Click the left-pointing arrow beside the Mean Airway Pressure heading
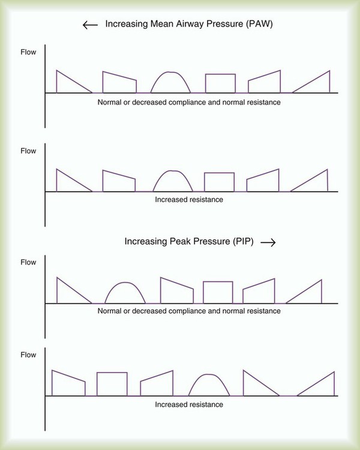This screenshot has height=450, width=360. click(90, 25)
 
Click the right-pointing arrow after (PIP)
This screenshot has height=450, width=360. click(268, 242)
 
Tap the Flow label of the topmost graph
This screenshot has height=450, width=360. click(28, 52)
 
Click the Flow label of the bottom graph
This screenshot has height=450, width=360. click(28, 355)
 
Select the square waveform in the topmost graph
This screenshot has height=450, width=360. click(220, 83)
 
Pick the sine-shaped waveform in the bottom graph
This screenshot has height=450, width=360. click(208, 385)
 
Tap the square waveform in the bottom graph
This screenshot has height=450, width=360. click(112, 384)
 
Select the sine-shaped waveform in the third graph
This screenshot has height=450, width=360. click(125, 292)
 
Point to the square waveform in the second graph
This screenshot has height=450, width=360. click(219, 182)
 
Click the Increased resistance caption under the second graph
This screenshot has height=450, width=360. click(188, 199)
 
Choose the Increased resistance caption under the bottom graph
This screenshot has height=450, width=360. click(188, 404)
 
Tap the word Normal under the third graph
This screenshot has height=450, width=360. click(109, 311)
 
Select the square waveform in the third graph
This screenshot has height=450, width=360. click(218, 292)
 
